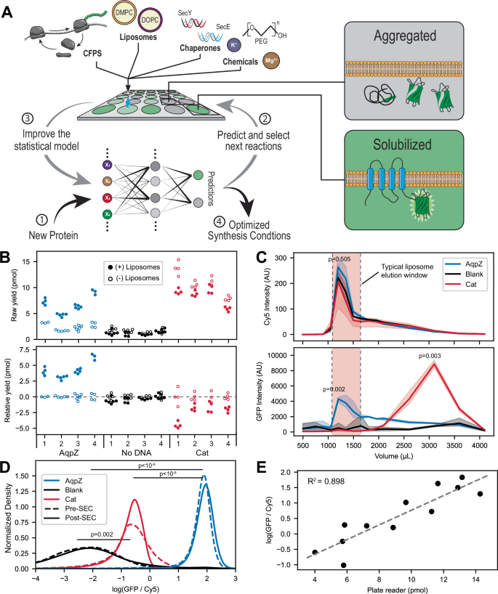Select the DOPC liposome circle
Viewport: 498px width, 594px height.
(x=150, y=22)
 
